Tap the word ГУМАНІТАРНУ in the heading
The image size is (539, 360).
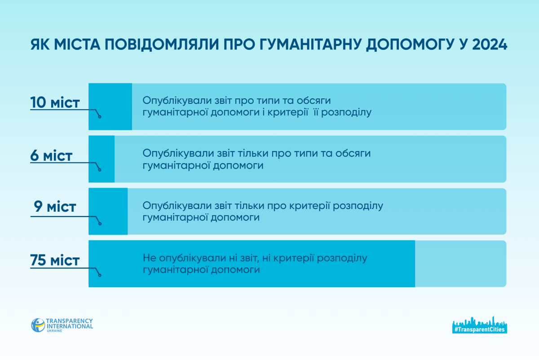click(x=311, y=44)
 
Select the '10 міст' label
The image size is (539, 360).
click(x=55, y=102)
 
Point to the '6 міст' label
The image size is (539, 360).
click(x=51, y=156)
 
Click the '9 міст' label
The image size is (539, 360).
click(x=55, y=206)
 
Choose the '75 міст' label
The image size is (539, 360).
click(x=55, y=260)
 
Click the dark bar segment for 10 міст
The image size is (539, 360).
click(x=110, y=107)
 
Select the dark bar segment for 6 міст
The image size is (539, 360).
click(x=102, y=159)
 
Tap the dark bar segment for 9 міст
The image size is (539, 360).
click(x=108, y=211)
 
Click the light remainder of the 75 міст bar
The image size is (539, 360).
click(x=460, y=264)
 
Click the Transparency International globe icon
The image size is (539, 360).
click(x=38, y=325)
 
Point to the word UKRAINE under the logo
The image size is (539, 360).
click(x=54, y=331)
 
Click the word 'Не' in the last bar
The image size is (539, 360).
click(x=150, y=258)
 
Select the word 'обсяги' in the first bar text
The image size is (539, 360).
click(x=314, y=101)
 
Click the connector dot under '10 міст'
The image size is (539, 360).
click(x=100, y=117)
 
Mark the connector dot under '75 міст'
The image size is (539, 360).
click(x=100, y=275)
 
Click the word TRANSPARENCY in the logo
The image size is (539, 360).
click(x=69, y=321)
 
